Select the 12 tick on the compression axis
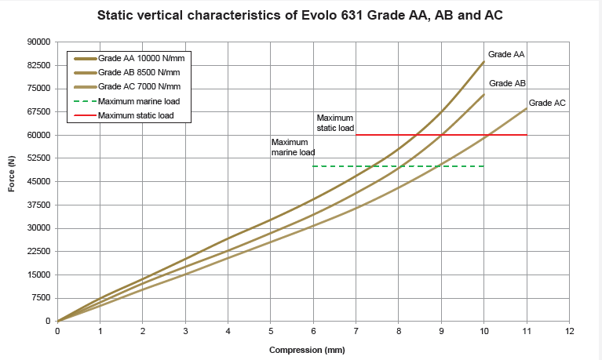pyautogui.click(x=570, y=331)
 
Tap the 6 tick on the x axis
pyautogui.click(x=313, y=331)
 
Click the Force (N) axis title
pyautogui.click(x=12, y=181)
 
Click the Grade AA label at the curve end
pyautogui.click(x=506, y=54)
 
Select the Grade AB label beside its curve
pyautogui.click(x=507, y=83)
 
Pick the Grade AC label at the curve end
pyautogui.click(x=547, y=103)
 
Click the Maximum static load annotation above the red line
pyautogui.click(x=335, y=122)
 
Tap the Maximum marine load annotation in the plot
pyautogui.click(x=293, y=147)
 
